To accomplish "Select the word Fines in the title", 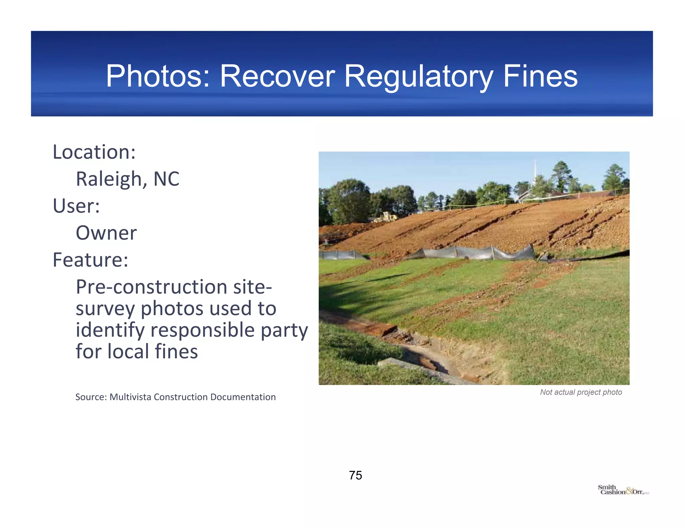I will (x=540, y=76).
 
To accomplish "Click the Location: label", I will (x=94, y=152).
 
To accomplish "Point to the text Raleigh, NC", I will (x=128, y=179).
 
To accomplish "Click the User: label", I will (x=76, y=206).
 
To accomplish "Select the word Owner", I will (x=106, y=233).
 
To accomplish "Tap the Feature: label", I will (x=91, y=260).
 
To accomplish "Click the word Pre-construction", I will (x=151, y=287).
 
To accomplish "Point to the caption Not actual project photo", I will (x=581, y=392).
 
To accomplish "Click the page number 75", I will (x=355, y=475).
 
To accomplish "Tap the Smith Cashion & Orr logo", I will (x=623, y=490).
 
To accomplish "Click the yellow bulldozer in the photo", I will (x=385, y=217).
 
